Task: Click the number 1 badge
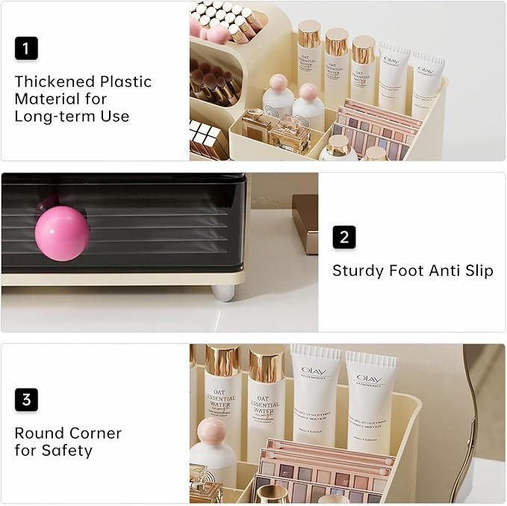click(25, 49)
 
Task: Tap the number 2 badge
click(343, 238)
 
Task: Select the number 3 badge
click(25, 400)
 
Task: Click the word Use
click(115, 116)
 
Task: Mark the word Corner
click(95, 434)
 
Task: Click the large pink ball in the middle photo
click(62, 233)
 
